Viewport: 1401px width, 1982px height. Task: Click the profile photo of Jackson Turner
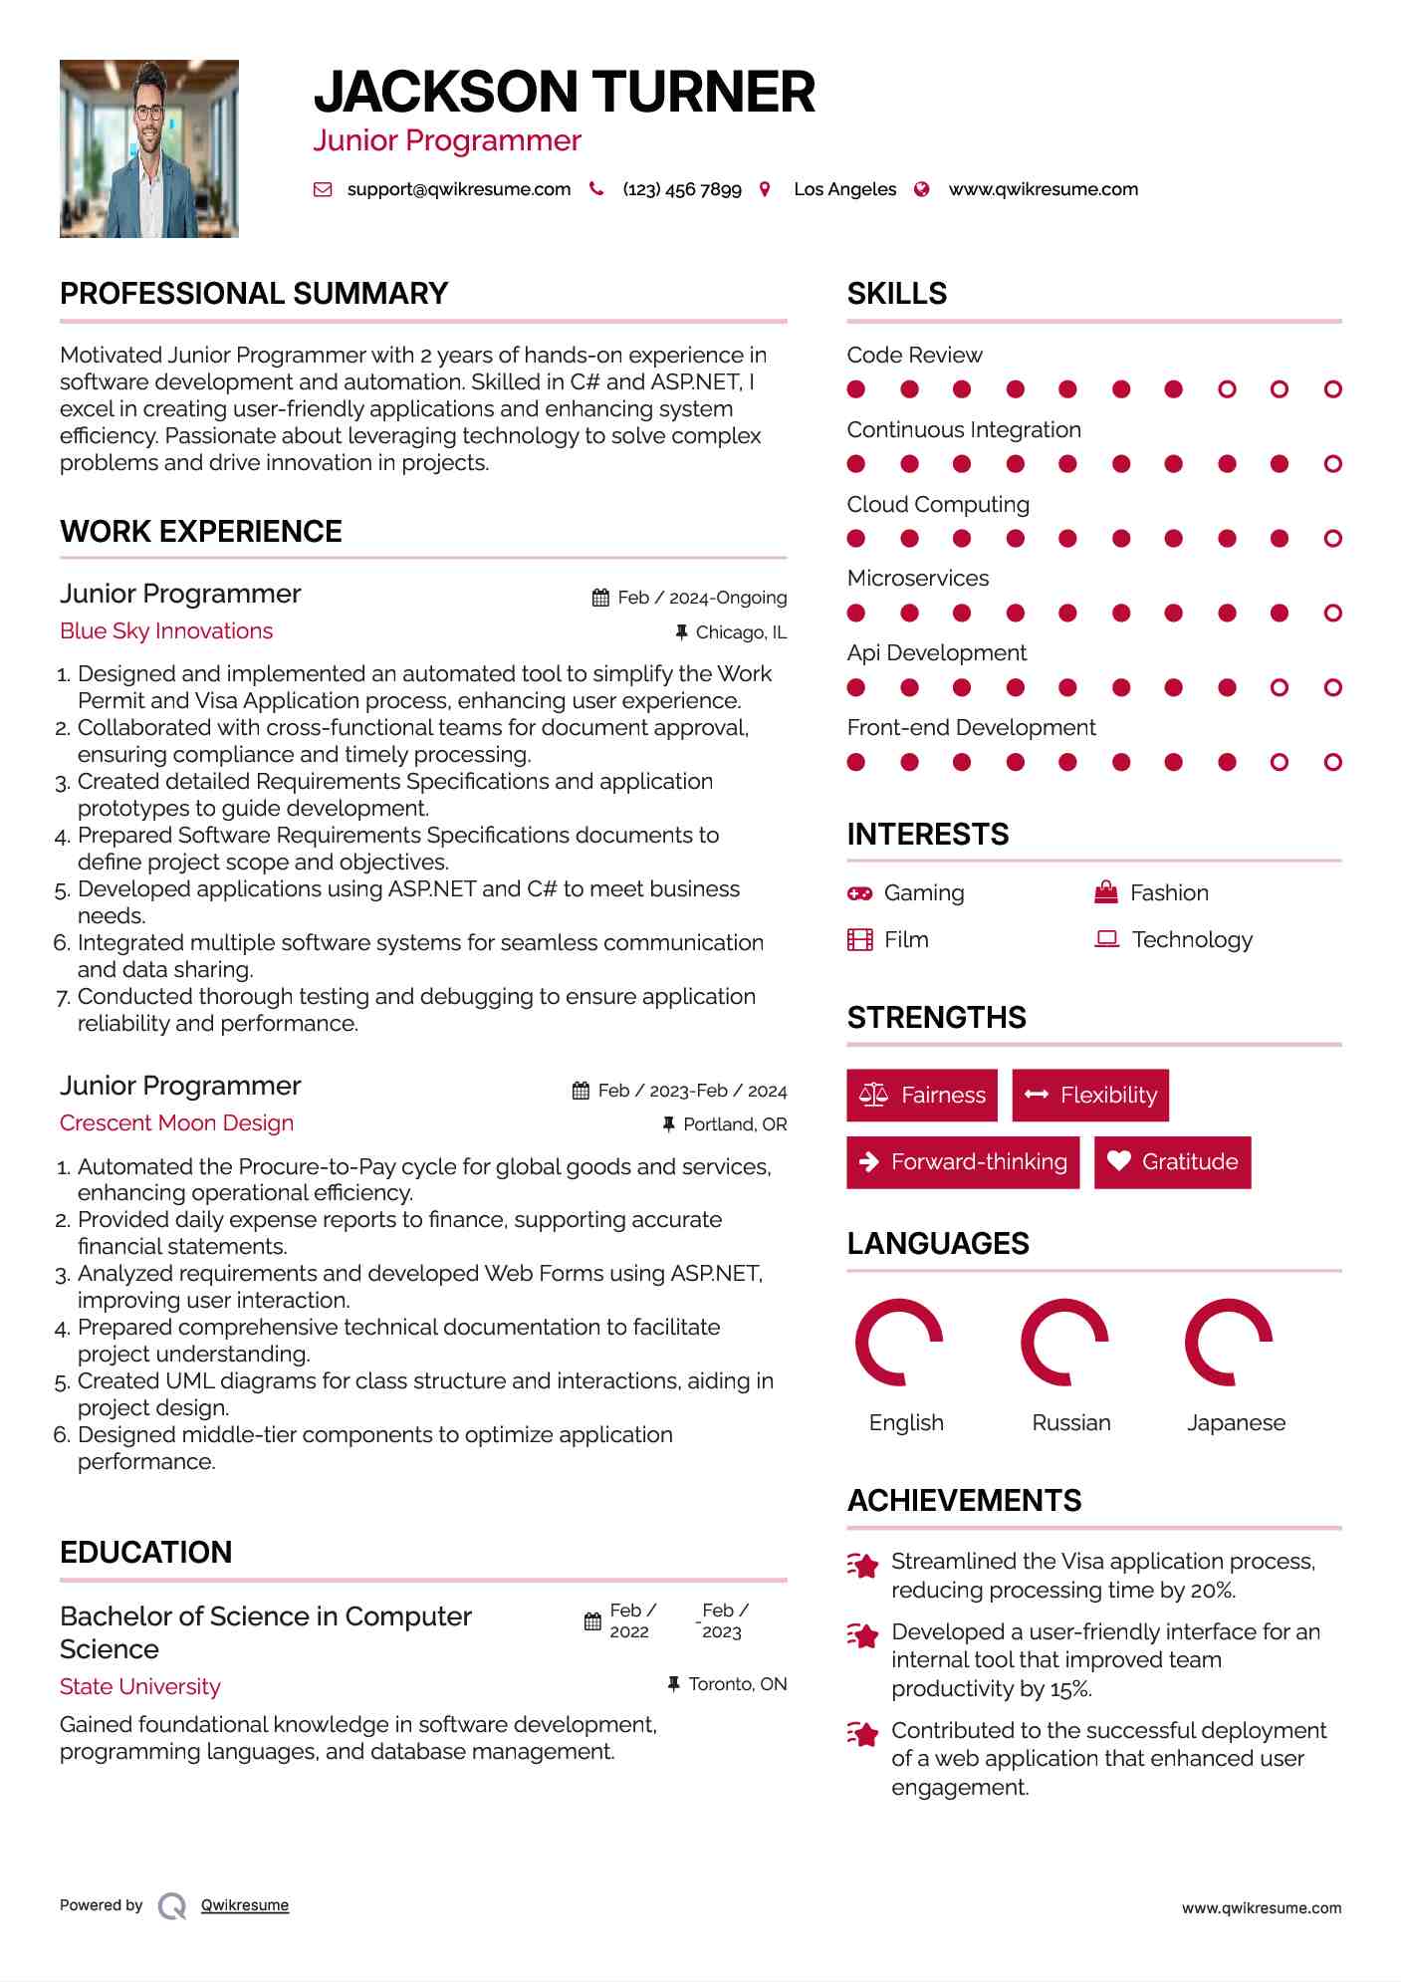[149, 148]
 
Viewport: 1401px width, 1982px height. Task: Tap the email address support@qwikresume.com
[458, 189]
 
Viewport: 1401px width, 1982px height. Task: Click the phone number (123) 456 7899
[681, 189]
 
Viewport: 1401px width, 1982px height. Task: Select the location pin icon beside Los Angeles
[765, 189]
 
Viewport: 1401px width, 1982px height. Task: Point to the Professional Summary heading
[254, 294]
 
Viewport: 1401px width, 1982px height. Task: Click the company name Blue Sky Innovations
[166, 631]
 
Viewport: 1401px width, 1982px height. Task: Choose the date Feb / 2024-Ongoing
[701, 598]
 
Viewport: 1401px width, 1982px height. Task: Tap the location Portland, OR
[735, 1124]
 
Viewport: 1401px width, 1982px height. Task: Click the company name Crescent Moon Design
[176, 1123]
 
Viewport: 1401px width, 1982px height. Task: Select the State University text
[140, 1687]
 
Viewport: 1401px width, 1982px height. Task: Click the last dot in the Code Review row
[1332, 389]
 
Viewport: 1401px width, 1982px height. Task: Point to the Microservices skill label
[917, 579]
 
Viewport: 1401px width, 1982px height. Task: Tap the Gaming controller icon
[859, 893]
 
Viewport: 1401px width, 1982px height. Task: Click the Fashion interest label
[1169, 893]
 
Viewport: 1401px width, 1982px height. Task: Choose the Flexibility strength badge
[1090, 1096]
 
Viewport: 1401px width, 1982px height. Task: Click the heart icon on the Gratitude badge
[1119, 1161]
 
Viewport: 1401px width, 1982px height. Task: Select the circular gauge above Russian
[1064, 1343]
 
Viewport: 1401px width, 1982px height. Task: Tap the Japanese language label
[1236, 1423]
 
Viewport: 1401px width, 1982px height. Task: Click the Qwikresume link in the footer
[245, 1905]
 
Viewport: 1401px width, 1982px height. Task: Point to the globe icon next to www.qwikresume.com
[922, 189]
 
